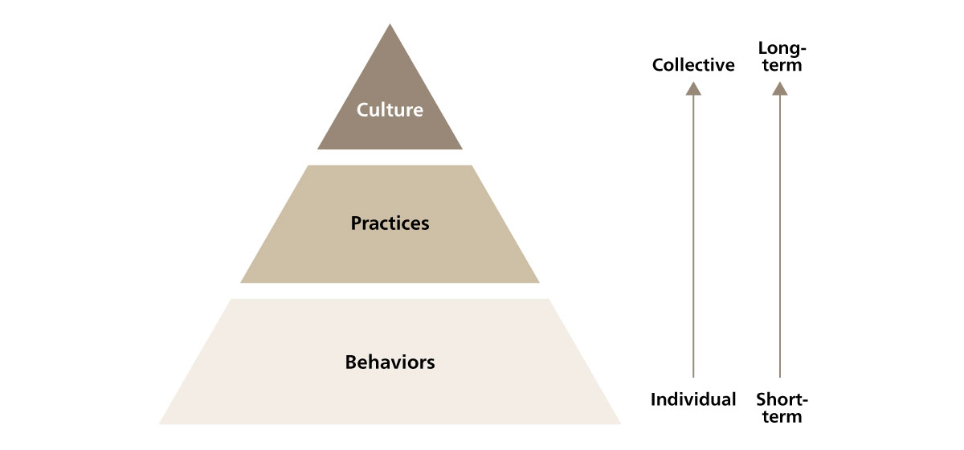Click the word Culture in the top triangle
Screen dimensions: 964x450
coord(390,110)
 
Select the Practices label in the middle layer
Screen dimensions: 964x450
coord(390,223)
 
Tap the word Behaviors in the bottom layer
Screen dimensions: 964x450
coord(390,362)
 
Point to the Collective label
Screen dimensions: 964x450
coord(693,65)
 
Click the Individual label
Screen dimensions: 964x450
coord(693,399)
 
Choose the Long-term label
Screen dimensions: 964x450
coord(782,56)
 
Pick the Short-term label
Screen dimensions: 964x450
coord(782,407)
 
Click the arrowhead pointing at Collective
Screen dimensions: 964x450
coord(693,89)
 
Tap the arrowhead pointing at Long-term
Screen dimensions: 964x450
coord(780,89)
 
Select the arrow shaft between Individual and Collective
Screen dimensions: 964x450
coord(693,236)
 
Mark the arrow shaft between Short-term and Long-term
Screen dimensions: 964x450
coord(780,236)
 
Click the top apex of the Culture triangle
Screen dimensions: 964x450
coord(390,23)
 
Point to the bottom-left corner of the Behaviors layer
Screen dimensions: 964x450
coord(159,424)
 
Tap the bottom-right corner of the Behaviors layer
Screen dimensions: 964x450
coord(620,424)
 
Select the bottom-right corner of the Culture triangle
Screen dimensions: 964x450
coord(462,149)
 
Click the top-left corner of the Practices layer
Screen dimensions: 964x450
coord(308,166)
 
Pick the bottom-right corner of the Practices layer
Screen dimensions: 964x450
coord(539,283)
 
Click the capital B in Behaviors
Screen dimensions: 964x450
coord(351,362)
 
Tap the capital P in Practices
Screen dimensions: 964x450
coord(356,223)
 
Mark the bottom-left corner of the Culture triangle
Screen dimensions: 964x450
coord(317,149)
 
